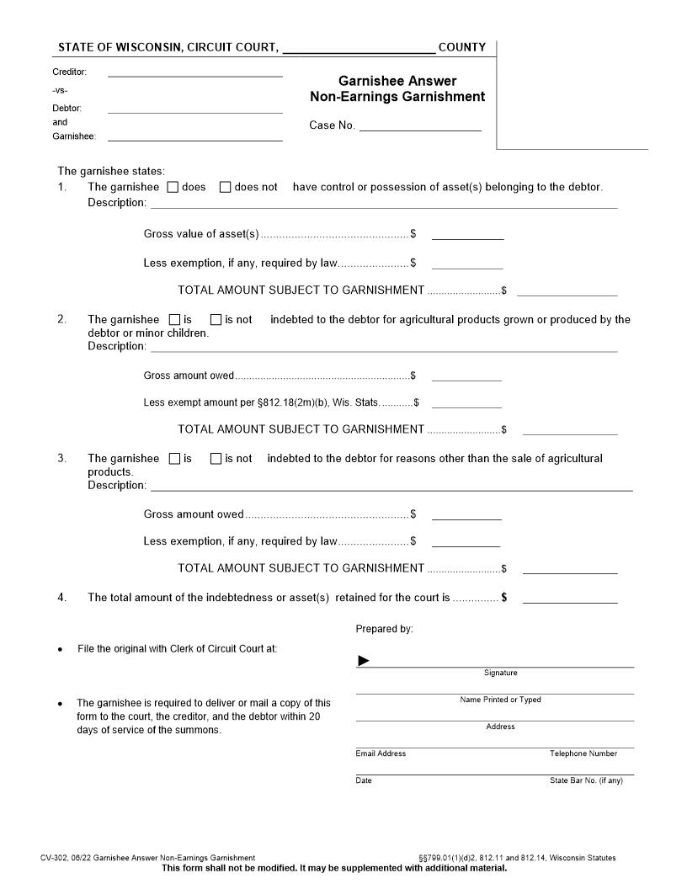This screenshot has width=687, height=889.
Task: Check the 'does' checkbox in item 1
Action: (x=173, y=187)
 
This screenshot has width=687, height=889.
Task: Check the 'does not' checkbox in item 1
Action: (x=225, y=187)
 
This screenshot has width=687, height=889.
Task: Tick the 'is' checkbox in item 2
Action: (x=174, y=320)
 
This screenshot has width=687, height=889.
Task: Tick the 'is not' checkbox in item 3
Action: (x=216, y=459)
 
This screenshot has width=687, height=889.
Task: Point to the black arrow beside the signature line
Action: (x=364, y=661)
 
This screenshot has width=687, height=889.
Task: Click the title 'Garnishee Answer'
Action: (x=397, y=81)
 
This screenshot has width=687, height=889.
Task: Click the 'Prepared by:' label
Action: (x=384, y=629)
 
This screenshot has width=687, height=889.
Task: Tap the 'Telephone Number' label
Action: (x=583, y=753)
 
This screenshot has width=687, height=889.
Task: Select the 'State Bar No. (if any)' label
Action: (x=586, y=780)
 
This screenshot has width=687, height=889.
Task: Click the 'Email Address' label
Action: (x=381, y=753)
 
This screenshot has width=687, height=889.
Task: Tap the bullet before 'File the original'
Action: (x=60, y=650)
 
